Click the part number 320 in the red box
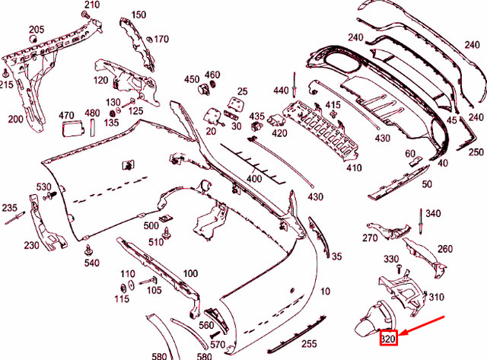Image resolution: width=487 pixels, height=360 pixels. tap(388, 339)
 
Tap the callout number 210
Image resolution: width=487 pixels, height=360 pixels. tap(91, 5)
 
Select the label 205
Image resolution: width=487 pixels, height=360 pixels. tap(37, 30)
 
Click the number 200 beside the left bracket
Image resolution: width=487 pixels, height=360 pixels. tap(16, 119)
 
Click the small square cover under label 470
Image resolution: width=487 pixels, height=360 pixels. tap(72, 129)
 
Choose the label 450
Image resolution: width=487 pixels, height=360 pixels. tap(191, 78)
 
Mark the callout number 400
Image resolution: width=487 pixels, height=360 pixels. tap(254, 178)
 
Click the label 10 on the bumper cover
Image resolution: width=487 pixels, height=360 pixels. tap(326, 292)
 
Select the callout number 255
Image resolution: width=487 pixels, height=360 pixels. tap(309, 344)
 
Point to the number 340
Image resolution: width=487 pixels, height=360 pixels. tap(432, 212)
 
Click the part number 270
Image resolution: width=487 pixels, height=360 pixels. tap(370, 238)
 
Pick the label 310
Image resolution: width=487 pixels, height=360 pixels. tap(437, 297)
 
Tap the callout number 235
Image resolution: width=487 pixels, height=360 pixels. tap(9, 208)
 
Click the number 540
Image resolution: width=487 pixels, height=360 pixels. tap(92, 263)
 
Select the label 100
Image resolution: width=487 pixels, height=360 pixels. tap(190, 273)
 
